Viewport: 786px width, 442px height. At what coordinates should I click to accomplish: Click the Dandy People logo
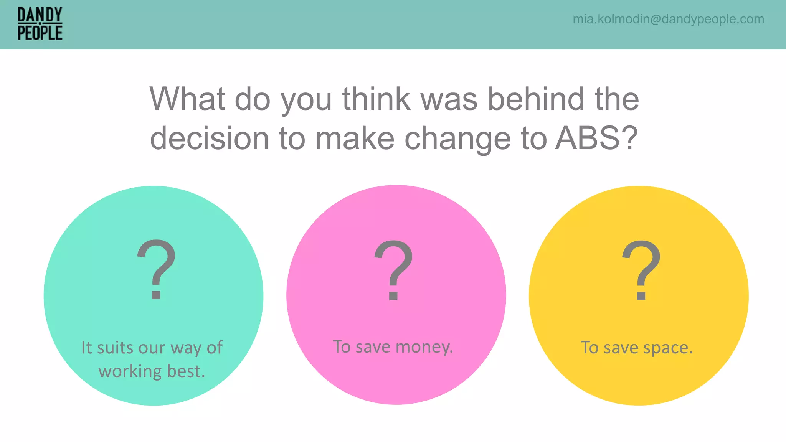click(40, 24)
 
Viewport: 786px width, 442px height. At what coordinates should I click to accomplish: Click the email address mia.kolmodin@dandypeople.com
click(668, 19)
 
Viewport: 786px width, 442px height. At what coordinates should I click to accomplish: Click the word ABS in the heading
click(587, 138)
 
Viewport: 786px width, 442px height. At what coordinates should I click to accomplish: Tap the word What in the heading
click(187, 99)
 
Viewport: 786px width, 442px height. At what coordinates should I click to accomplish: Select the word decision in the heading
click(209, 138)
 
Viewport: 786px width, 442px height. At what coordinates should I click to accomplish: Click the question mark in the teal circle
click(157, 269)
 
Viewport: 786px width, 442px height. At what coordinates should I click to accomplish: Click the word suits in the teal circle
click(114, 348)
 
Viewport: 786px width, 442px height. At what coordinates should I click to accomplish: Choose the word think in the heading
click(376, 99)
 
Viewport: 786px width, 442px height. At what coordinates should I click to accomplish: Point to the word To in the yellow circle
click(589, 348)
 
